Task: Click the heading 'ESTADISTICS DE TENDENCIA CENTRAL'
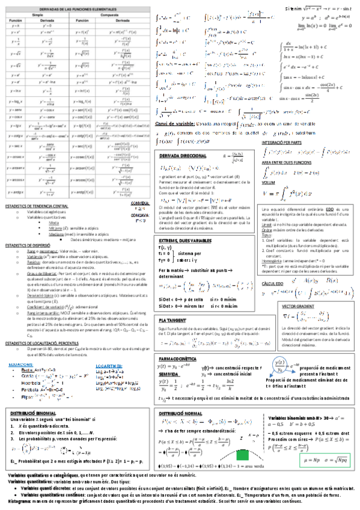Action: (x=37, y=206)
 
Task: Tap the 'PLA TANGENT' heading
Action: (x=172, y=304)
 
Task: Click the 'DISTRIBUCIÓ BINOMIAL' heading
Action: (x=38, y=414)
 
